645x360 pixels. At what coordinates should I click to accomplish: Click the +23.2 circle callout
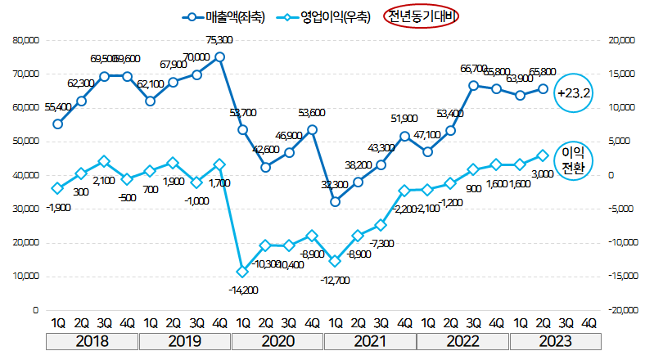click(574, 93)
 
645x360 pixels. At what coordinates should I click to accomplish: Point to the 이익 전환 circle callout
click(574, 160)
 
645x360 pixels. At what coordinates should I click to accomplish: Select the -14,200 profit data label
click(243, 289)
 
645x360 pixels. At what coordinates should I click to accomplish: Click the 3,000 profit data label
click(541, 173)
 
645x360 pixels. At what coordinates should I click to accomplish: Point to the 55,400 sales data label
click(58, 106)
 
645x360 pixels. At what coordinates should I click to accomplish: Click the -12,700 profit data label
click(336, 280)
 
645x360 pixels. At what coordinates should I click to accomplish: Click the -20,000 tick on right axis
click(616, 311)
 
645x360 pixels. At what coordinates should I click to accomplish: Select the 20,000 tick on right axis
click(616, 39)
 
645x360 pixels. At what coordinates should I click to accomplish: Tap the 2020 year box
click(277, 341)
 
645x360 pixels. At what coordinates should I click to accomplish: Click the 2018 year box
click(92, 341)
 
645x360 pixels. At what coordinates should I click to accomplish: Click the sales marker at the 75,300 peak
click(219, 57)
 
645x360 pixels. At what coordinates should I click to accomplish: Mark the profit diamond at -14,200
click(242, 272)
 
